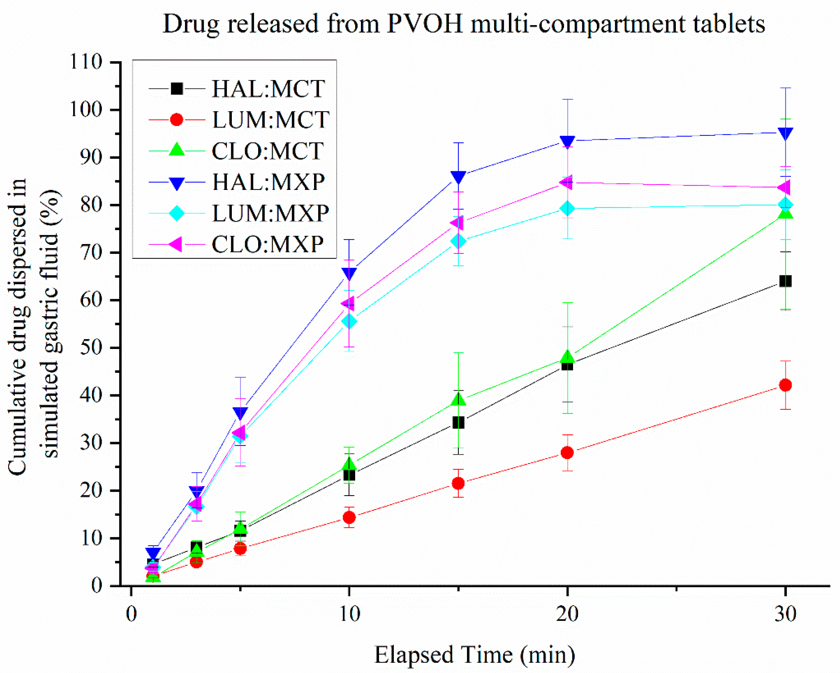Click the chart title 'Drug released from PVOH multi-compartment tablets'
pos(464,24)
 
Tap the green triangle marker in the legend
pos(177,150)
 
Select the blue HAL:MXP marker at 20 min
pos(567,141)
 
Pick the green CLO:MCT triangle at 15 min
pos(458,400)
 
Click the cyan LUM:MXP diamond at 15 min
pos(458,241)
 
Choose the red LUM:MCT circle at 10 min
pos(349,517)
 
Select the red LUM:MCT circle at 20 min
pos(567,452)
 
